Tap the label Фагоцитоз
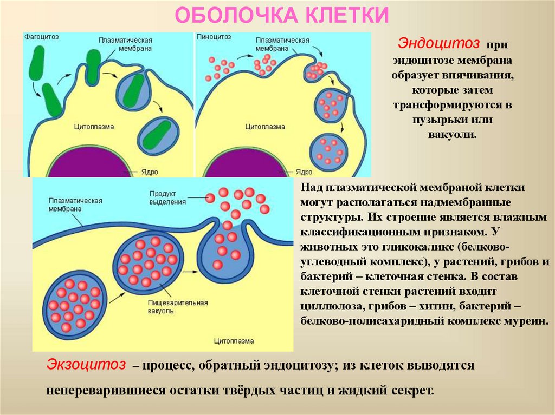[41, 37]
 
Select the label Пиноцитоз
[214, 37]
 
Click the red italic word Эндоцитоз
[440, 43]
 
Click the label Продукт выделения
[168, 197]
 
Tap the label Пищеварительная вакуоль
[171, 307]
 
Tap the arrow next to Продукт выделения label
[201, 199]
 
